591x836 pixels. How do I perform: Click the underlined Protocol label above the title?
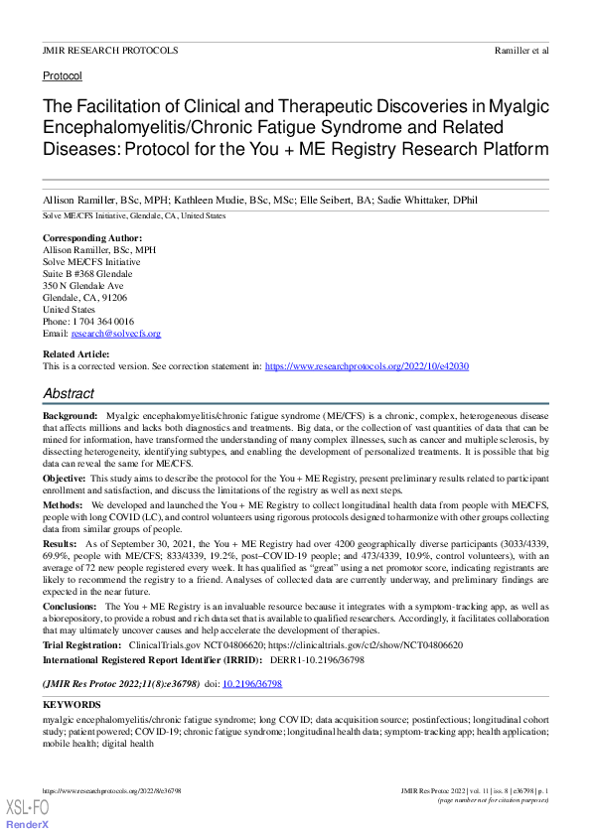click(62, 75)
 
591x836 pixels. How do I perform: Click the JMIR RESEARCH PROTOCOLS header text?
click(110, 50)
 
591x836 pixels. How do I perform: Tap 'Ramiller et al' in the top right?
click(520, 50)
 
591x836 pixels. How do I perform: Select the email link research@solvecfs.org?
click(115, 334)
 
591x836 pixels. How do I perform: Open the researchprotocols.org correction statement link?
click(367, 366)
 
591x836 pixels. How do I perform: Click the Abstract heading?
click(69, 394)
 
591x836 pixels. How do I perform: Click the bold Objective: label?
click(65, 479)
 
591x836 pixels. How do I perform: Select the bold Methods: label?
click(64, 505)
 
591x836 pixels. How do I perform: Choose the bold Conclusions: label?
click(70, 605)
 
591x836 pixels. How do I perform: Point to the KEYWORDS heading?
click(72, 704)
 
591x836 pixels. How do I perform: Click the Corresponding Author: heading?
click(92, 238)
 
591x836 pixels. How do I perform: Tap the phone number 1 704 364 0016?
click(100, 322)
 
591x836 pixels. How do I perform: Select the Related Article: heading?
click(75, 354)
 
